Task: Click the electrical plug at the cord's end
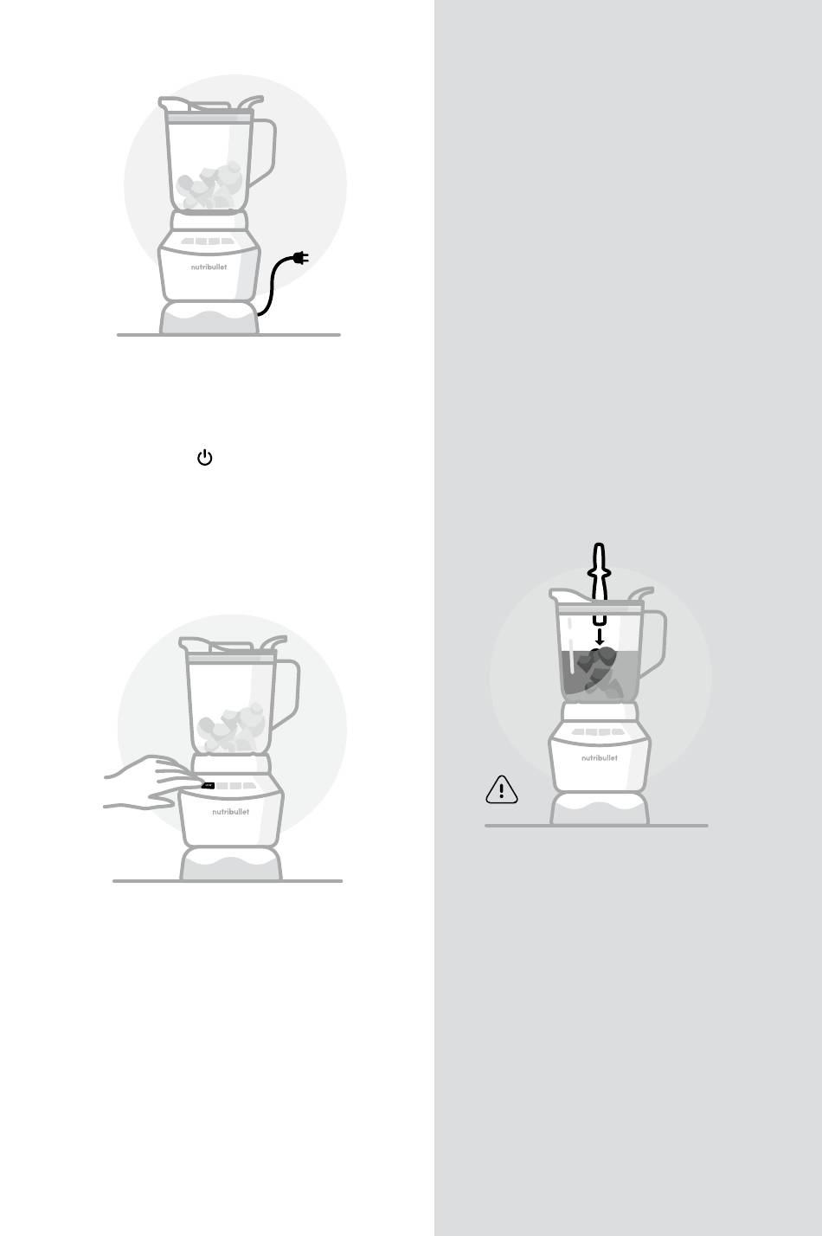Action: pyautogui.click(x=300, y=258)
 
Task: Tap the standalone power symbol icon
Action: pyautogui.click(x=205, y=457)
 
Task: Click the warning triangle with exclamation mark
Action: pyautogui.click(x=502, y=789)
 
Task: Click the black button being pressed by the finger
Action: pyautogui.click(x=208, y=786)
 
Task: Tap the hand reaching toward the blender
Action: pyautogui.click(x=151, y=782)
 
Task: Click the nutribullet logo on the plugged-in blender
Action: pyautogui.click(x=209, y=267)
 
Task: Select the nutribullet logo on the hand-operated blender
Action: pyautogui.click(x=231, y=812)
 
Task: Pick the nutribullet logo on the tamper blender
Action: pyautogui.click(x=600, y=758)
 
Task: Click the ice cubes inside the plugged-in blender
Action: pyautogui.click(x=209, y=185)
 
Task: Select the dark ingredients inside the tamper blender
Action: pyautogui.click(x=599, y=671)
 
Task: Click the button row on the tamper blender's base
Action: pyautogui.click(x=599, y=732)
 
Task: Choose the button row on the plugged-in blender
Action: pyautogui.click(x=208, y=241)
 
